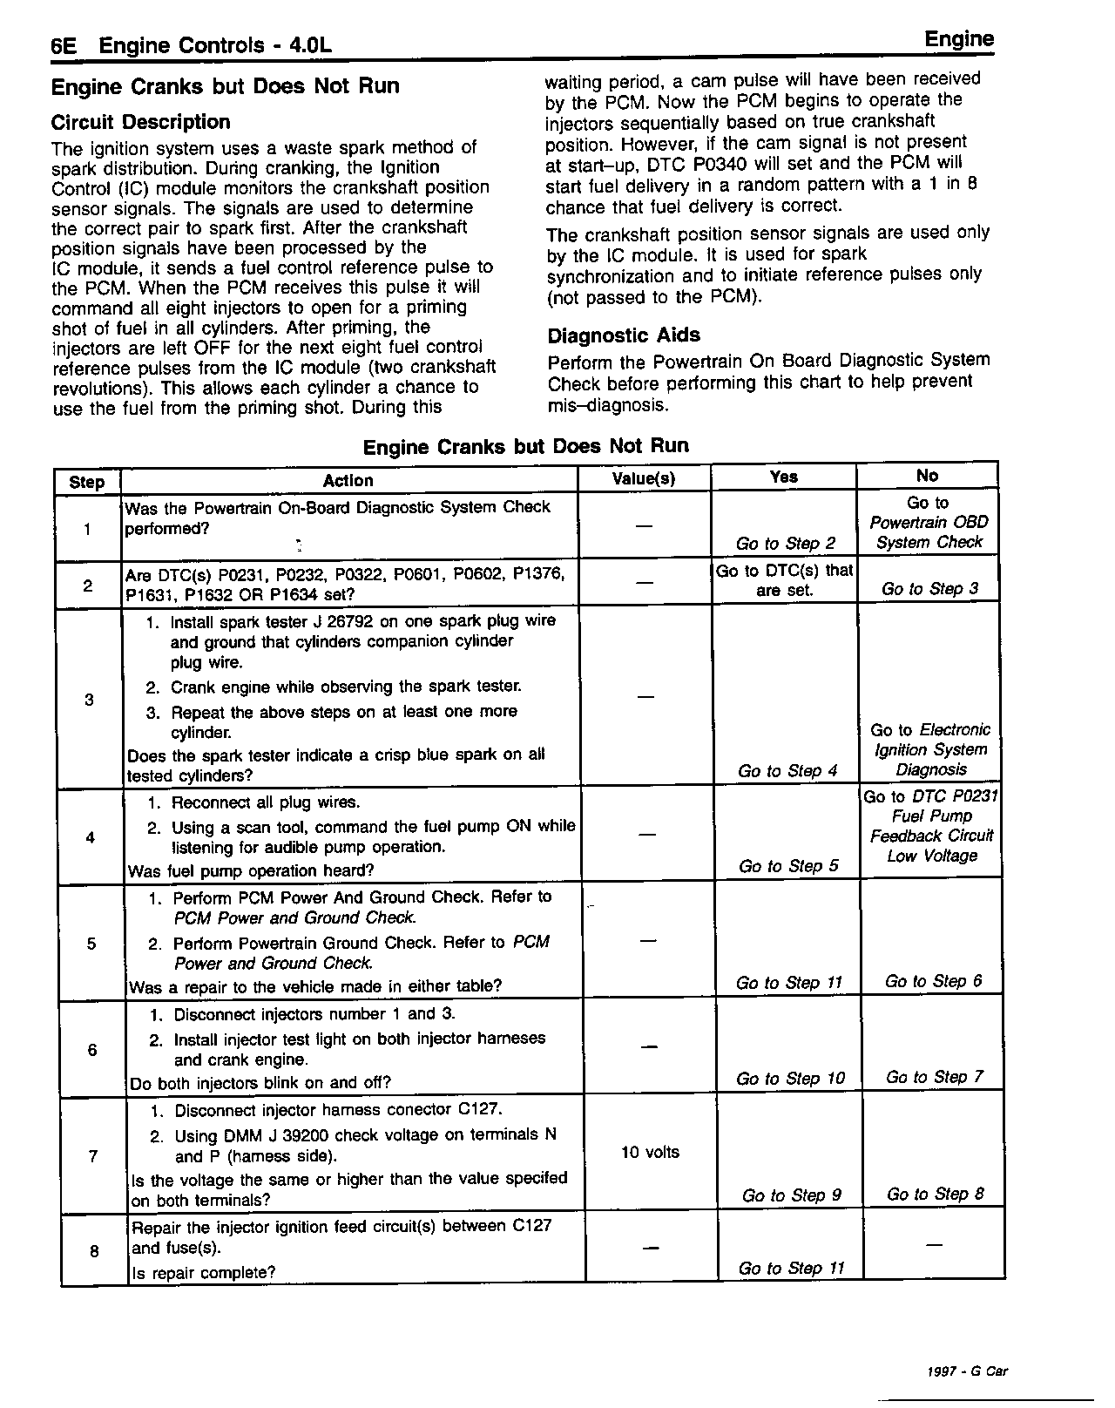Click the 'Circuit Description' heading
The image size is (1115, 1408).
(140, 122)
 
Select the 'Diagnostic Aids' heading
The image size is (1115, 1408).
(623, 335)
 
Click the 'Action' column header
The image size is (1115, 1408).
(348, 480)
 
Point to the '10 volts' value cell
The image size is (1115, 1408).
(650, 1152)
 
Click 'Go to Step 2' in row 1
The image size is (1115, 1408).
(785, 543)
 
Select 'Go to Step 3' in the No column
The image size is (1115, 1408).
(929, 589)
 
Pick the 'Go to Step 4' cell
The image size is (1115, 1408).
(787, 770)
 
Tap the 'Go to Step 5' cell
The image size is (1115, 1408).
(787, 865)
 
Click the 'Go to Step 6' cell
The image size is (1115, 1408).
(932, 981)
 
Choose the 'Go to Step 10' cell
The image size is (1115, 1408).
(790, 1078)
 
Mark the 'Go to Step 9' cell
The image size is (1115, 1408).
(791, 1195)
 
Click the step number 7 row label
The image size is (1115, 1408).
(93, 1156)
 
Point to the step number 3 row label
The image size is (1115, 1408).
(89, 699)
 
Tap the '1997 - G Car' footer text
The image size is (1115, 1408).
(967, 1371)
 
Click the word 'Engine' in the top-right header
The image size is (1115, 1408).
(958, 39)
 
